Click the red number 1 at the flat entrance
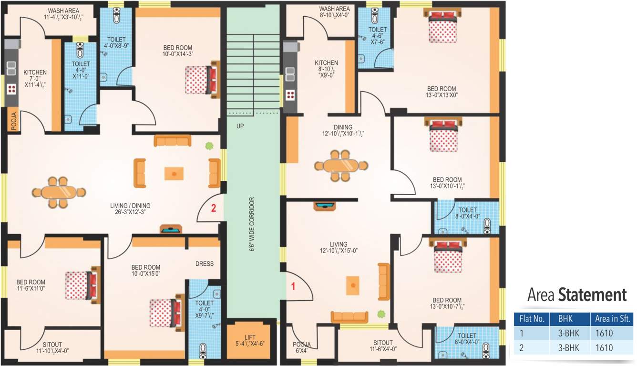[x=294, y=287]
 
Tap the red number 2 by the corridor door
[x=214, y=208]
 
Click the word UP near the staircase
[x=240, y=126]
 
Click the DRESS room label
[x=204, y=264]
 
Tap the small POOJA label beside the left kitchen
[x=13, y=121]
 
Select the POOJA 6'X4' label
[x=302, y=347]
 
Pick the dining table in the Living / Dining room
[x=57, y=192]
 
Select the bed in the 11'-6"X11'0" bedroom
[x=82, y=285]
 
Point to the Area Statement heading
[x=576, y=295]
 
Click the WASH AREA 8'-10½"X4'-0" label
[x=334, y=12]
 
